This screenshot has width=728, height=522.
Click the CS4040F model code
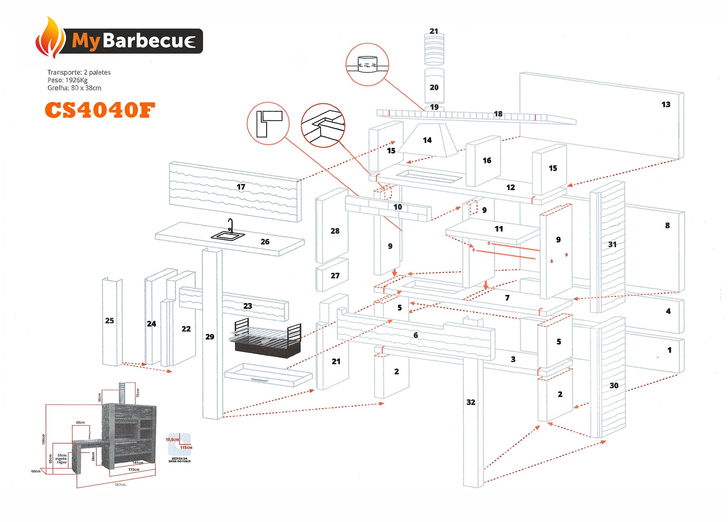(100, 110)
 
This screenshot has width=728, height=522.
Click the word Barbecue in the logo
(149, 41)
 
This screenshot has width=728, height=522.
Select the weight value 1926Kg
(76, 80)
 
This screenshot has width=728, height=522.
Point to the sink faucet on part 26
(230, 225)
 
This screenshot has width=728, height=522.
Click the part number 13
(666, 104)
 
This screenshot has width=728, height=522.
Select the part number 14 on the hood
(427, 140)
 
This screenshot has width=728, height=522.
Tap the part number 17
(241, 186)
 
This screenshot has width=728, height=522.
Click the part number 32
(470, 402)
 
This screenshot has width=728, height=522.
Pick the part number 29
(210, 337)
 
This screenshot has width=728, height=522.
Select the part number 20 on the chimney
(434, 87)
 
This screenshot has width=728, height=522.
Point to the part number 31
(612, 244)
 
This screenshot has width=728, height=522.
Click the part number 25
(109, 320)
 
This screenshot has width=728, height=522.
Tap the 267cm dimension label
(120, 484)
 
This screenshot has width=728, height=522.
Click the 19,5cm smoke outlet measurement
(172, 439)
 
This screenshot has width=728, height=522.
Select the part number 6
(415, 335)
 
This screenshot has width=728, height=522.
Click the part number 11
(498, 229)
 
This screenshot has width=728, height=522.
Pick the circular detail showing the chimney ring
(367, 65)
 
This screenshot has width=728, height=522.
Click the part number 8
(667, 225)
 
